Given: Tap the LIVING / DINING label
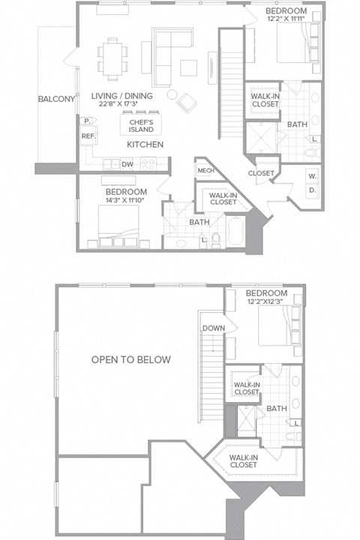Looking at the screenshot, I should [x=121, y=96].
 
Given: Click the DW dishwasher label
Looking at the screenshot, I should [x=127, y=163].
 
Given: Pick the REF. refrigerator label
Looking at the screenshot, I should [x=88, y=136].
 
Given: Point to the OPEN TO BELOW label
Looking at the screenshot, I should [x=130, y=359].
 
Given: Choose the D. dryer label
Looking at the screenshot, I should [x=311, y=191].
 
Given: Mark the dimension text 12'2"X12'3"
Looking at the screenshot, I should [x=265, y=302].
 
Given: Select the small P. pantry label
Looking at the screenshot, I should [x=87, y=121].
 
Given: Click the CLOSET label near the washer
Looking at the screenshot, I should [x=261, y=173].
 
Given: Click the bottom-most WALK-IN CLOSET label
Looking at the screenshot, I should [x=244, y=460].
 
